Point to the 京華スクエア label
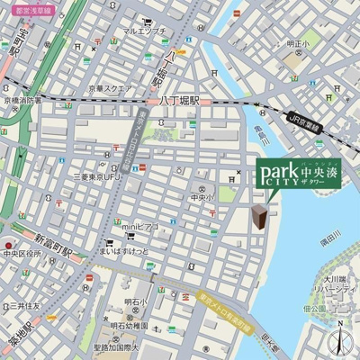click(111, 89)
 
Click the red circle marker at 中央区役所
click(8, 243)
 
